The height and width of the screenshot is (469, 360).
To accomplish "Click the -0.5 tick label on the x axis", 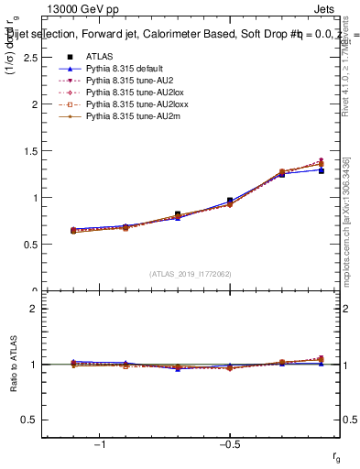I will [229, 444].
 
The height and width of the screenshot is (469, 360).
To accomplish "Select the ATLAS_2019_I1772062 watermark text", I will [191, 274].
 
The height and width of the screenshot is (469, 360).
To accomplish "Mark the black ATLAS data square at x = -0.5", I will [230, 201].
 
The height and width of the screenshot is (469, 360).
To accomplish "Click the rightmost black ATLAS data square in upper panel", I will [321, 170].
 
